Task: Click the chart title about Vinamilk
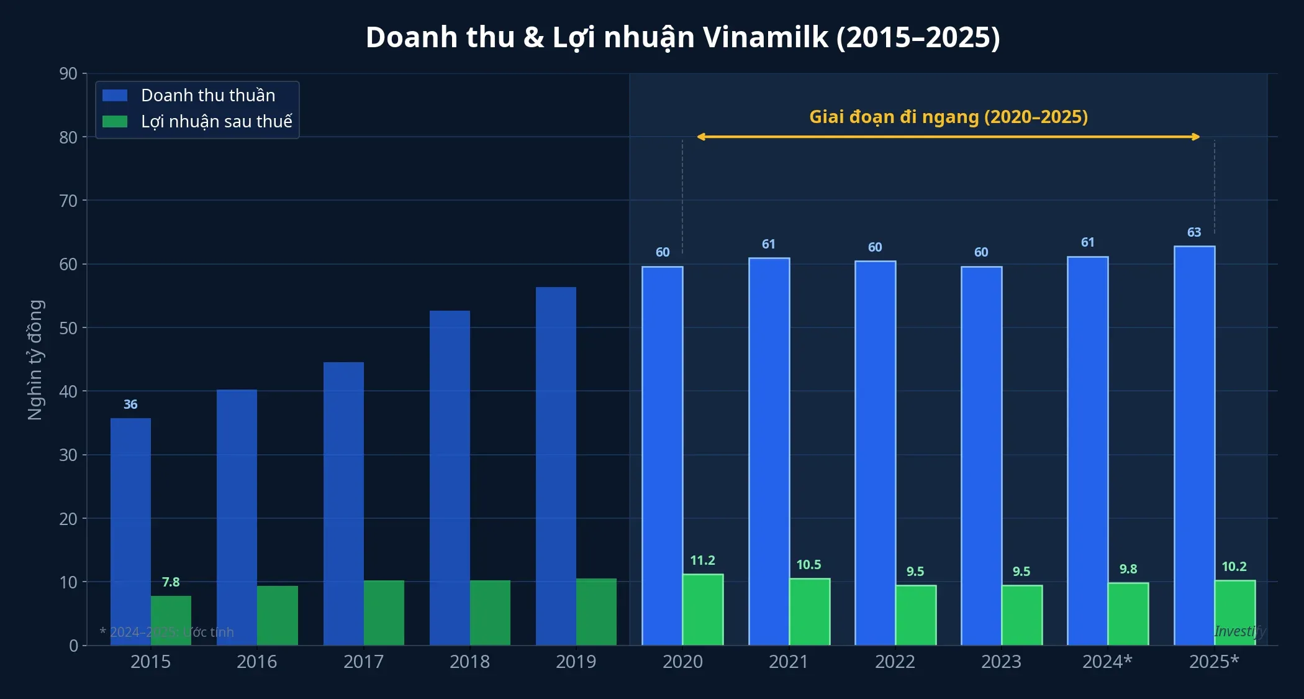click(682, 37)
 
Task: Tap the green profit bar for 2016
click(278, 615)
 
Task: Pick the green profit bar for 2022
click(915, 614)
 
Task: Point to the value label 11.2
click(703, 560)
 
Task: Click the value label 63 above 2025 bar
click(1194, 232)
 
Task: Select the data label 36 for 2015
click(130, 404)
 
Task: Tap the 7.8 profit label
click(171, 582)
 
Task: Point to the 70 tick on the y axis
click(68, 201)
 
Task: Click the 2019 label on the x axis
click(576, 662)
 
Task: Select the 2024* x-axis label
click(1107, 662)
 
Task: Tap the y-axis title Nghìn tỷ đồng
click(35, 360)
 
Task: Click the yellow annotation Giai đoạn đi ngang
click(948, 117)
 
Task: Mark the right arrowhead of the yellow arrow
click(1197, 137)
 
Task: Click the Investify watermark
click(1239, 631)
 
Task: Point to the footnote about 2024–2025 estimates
click(167, 632)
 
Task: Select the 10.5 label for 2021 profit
click(808, 565)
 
